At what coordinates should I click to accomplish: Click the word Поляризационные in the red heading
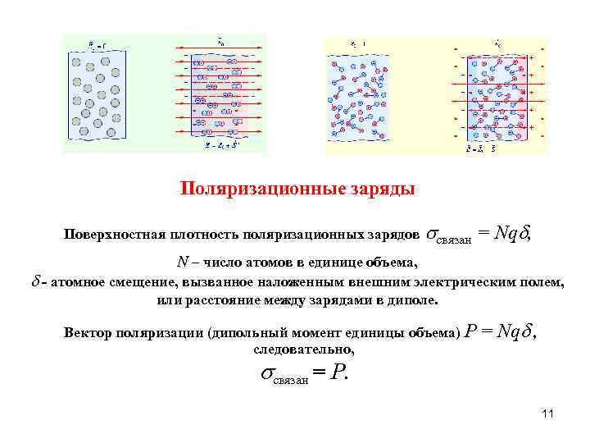(245, 190)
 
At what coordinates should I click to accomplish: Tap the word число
(231, 263)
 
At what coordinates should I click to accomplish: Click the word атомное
(78, 282)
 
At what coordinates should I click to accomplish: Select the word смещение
(149, 282)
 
